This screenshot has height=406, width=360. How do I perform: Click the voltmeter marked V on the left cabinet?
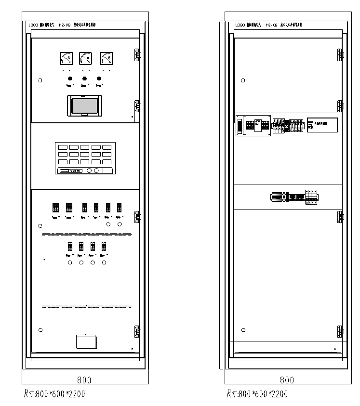point(106,58)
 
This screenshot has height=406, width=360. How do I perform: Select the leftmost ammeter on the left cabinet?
point(67,58)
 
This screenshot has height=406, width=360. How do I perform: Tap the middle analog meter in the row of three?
point(86,58)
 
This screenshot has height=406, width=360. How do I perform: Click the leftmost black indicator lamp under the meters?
point(69,78)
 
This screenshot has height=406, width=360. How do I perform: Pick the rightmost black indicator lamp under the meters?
point(99,78)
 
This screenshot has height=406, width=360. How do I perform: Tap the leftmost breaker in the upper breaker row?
point(55,208)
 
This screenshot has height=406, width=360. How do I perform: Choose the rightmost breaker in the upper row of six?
point(119,208)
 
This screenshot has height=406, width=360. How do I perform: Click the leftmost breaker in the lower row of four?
point(70,246)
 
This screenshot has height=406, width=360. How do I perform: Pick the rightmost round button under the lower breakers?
point(104,262)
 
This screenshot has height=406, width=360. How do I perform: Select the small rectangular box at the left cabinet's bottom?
point(86,341)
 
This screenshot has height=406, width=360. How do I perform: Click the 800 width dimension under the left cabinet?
point(84,380)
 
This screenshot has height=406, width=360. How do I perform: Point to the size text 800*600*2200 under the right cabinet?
point(257,394)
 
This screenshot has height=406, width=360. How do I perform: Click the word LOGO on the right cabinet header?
point(240,25)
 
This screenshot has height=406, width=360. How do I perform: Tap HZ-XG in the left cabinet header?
point(64,25)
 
